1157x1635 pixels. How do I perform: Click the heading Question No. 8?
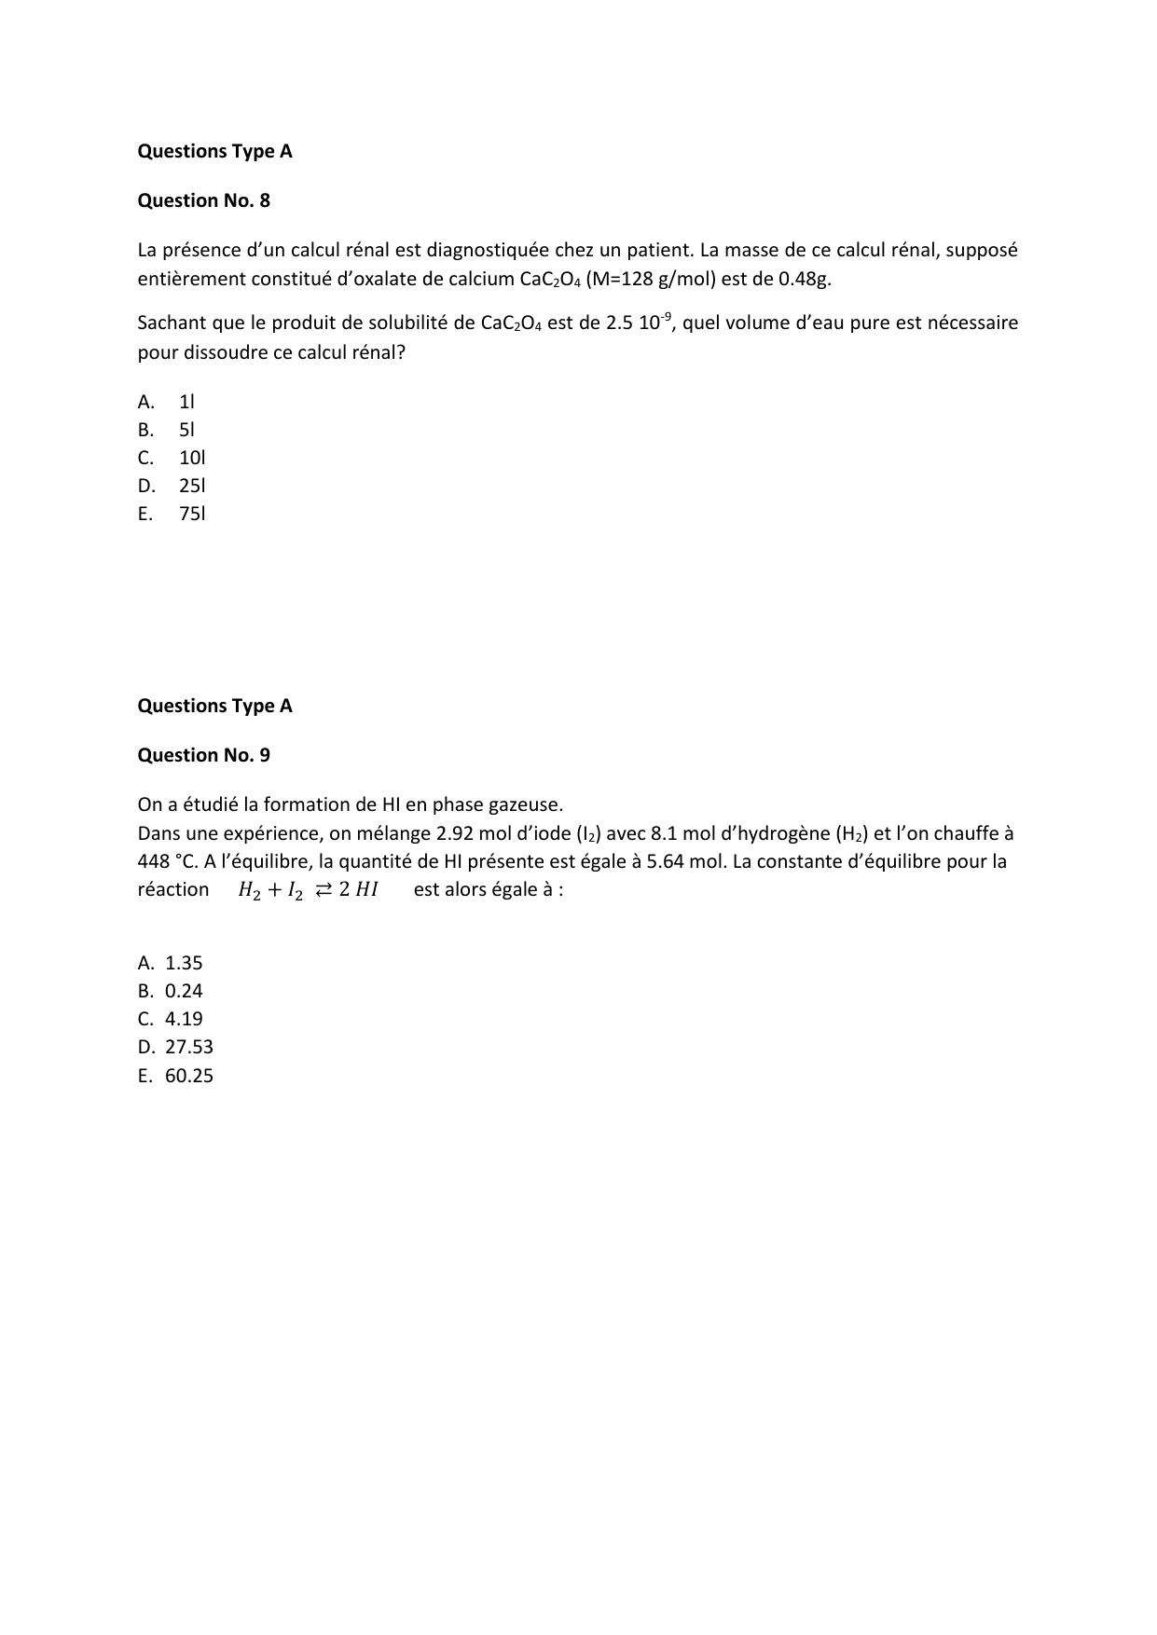pos(203,200)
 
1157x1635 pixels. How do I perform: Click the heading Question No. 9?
pos(203,755)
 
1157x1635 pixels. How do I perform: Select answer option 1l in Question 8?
pos(186,402)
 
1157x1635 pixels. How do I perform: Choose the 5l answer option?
pos(186,430)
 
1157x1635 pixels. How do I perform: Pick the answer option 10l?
pos(192,458)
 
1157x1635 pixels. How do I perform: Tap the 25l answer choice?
pos(192,486)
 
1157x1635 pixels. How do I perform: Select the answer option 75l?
pos(192,514)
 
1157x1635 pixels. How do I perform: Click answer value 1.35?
pos(184,963)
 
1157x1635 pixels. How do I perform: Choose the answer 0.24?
pos(184,991)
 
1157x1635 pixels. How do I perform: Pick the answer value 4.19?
pos(184,1019)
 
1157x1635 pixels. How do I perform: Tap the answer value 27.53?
pos(189,1047)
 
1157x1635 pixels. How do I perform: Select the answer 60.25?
pos(189,1076)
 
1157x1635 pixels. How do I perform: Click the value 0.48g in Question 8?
pos(804,279)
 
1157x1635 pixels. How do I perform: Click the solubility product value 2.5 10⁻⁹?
pos(638,323)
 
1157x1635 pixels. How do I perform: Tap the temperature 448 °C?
pos(167,861)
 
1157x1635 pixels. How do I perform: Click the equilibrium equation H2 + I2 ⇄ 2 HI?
pos(308,890)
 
